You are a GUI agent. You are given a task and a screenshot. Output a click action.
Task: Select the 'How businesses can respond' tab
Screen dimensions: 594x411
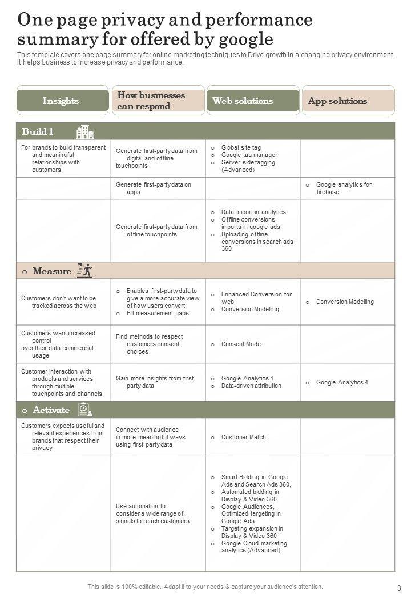point(158,101)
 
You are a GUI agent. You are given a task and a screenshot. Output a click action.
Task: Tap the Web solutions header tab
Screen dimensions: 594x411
point(252,101)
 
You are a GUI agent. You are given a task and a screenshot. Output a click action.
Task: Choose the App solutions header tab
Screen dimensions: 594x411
point(347,101)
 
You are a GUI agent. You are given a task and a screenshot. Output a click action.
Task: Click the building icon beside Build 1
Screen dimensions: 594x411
point(85,132)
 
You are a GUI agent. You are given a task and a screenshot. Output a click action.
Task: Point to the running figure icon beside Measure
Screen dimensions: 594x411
point(84,271)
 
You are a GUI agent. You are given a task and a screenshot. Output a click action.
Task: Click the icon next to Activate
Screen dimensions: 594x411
point(84,410)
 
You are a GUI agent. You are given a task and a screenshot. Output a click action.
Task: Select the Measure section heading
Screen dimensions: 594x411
point(52,271)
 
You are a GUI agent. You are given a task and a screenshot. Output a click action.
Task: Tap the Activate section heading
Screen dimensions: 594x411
point(51,410)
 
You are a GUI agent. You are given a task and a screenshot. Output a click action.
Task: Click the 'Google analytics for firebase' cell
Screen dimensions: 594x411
point(344,188)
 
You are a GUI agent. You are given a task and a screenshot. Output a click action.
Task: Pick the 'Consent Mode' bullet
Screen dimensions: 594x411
point(241,344)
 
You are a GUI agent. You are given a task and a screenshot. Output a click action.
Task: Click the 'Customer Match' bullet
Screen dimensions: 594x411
point(243,438)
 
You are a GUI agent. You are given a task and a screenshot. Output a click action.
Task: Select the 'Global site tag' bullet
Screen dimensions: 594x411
point(241,147)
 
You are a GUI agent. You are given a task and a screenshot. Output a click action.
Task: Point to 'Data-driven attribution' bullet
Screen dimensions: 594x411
point(251,386)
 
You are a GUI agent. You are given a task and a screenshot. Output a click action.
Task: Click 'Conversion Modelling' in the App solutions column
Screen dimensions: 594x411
point(345,302)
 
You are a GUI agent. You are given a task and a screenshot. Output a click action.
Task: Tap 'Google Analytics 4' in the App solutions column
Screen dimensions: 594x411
point(342,382)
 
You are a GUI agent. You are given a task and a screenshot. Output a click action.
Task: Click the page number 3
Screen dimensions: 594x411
point(399,587)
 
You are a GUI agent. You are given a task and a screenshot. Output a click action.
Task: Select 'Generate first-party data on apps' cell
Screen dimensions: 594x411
point(154,188)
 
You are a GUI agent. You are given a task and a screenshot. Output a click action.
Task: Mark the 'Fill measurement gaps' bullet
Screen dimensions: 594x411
point(158,313)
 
